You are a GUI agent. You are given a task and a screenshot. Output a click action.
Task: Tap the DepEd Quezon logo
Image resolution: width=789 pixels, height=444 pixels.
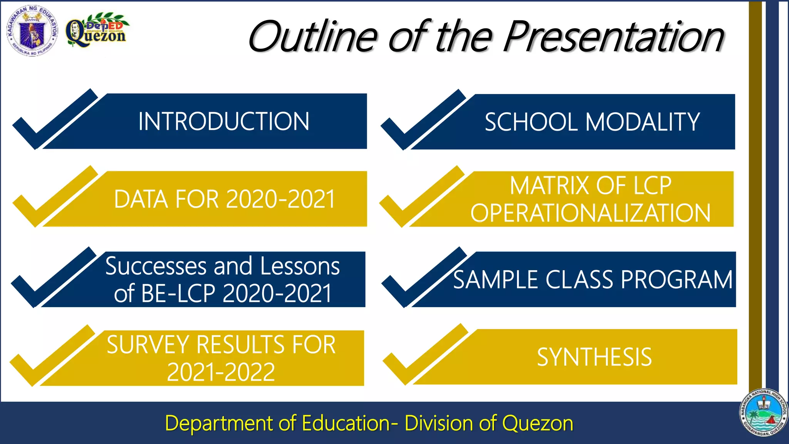[96, 30]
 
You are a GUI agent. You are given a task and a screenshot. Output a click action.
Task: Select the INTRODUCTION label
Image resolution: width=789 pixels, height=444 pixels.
[224, 121]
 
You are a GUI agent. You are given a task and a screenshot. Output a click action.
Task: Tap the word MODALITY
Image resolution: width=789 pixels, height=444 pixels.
[642, 122]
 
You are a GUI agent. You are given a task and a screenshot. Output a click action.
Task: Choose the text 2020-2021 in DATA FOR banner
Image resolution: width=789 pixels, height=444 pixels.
[280, 199]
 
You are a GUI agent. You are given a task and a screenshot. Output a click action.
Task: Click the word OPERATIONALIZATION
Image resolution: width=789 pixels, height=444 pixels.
[590, 213]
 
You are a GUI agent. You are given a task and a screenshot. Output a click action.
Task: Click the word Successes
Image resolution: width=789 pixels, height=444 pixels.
[156, 266]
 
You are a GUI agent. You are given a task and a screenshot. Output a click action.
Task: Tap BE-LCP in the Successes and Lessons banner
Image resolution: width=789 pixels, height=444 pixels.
[178, 294]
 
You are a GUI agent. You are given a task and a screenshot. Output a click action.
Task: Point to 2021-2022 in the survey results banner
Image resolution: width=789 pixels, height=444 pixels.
[221, 372]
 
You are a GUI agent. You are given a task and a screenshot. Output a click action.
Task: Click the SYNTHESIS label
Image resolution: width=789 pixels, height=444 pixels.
[594, 357]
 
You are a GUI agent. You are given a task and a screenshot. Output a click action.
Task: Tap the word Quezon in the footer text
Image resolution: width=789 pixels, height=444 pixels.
[537, 423]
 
